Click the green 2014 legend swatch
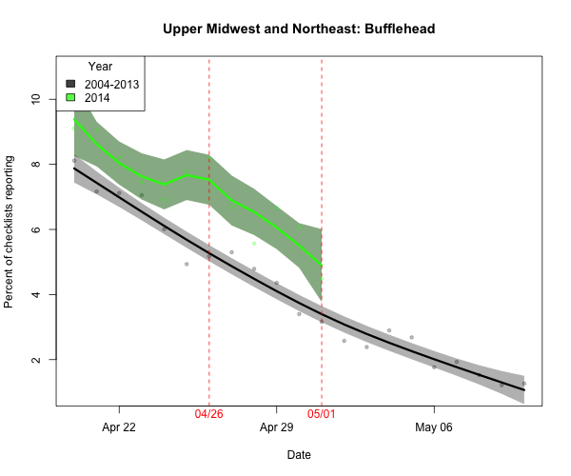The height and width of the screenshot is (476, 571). coord(71,98)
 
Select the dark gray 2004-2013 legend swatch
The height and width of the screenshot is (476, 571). coord(71,84)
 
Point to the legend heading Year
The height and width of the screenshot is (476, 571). coord(100,67)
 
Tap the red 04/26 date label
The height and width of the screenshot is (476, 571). coord(209,415)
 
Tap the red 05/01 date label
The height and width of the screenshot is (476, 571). coord(322,415)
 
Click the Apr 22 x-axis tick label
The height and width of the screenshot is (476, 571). coord(119,427)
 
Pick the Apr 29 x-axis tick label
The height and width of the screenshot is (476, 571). coord(276,427)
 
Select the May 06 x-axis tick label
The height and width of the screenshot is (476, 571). coord(434,427)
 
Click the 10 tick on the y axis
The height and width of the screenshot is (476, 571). coord(35,99)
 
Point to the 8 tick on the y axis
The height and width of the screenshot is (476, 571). coord(35,165)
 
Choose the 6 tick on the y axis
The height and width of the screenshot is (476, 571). coord(35,229)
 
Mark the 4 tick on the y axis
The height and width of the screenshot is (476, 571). coord(35,295)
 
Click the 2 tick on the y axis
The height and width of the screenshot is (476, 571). coord(35,360)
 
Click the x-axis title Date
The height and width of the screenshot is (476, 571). coord(299,455)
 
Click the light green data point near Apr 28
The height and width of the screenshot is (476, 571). coord(254,244)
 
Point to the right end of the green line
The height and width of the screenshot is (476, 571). coord(322,265)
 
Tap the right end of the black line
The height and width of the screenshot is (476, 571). coord(524,390)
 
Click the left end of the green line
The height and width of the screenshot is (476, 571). coord(74,120)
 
